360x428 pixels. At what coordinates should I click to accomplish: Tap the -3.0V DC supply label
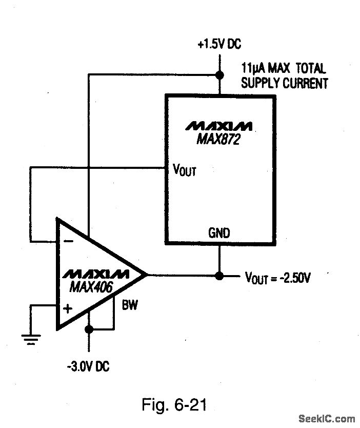pos(87,366)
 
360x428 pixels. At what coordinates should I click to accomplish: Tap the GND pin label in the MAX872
pos(219,233)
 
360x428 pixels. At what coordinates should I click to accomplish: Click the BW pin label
pos(129,306)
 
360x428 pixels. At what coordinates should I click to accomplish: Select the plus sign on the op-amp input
pos(67,308)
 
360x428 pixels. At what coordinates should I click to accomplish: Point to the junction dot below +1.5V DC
pos(219,74)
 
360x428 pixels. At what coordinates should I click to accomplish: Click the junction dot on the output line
pos(219,276)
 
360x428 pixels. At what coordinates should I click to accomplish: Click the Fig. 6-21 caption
pos(174,405)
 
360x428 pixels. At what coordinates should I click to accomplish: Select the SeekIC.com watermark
pos(329,419)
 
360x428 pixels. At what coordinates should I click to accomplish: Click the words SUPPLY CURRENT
pos(284,84)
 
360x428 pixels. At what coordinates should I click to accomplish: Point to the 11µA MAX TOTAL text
pos(283,68)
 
